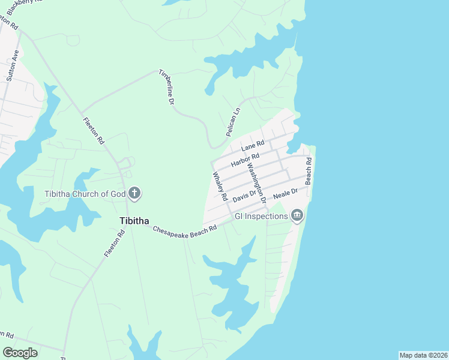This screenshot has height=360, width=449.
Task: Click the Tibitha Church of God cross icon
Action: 135,193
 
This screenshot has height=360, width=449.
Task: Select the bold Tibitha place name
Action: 126,220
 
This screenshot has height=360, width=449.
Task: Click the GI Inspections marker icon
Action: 297,216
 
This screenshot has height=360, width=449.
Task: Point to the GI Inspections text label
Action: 261,216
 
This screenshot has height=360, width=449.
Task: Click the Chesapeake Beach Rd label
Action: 184,230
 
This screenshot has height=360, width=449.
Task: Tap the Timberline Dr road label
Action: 166,88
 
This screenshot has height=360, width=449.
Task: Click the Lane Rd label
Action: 253,146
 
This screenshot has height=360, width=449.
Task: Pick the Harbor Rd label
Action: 244,160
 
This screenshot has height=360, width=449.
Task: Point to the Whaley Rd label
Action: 219,186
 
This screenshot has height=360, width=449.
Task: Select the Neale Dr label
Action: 285,194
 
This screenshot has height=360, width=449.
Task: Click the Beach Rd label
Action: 309,170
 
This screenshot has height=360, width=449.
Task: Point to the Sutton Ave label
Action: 13,65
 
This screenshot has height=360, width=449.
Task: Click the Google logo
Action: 20,353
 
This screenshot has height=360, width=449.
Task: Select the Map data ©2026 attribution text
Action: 423,355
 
